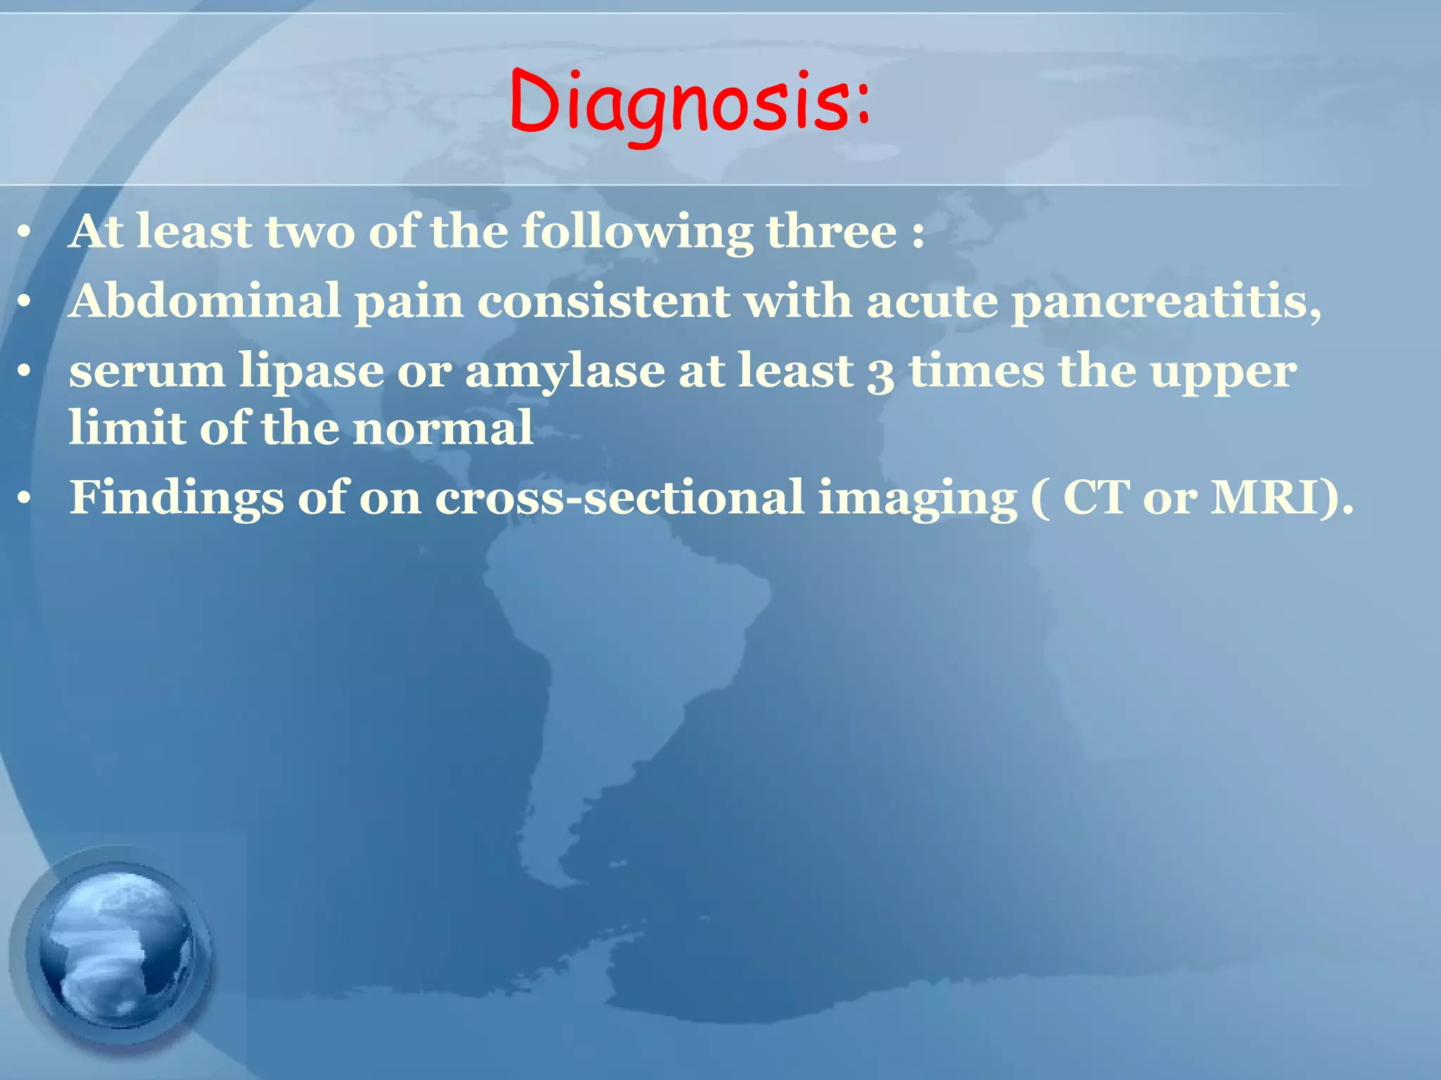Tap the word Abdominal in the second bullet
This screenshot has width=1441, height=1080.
[204, 301]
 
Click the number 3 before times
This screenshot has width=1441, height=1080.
[880, 373]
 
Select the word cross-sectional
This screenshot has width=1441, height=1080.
[619, 498]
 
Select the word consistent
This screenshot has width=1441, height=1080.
[603, 301]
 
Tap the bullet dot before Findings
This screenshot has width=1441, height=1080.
[25, 499]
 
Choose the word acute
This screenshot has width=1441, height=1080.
[932, 301]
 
